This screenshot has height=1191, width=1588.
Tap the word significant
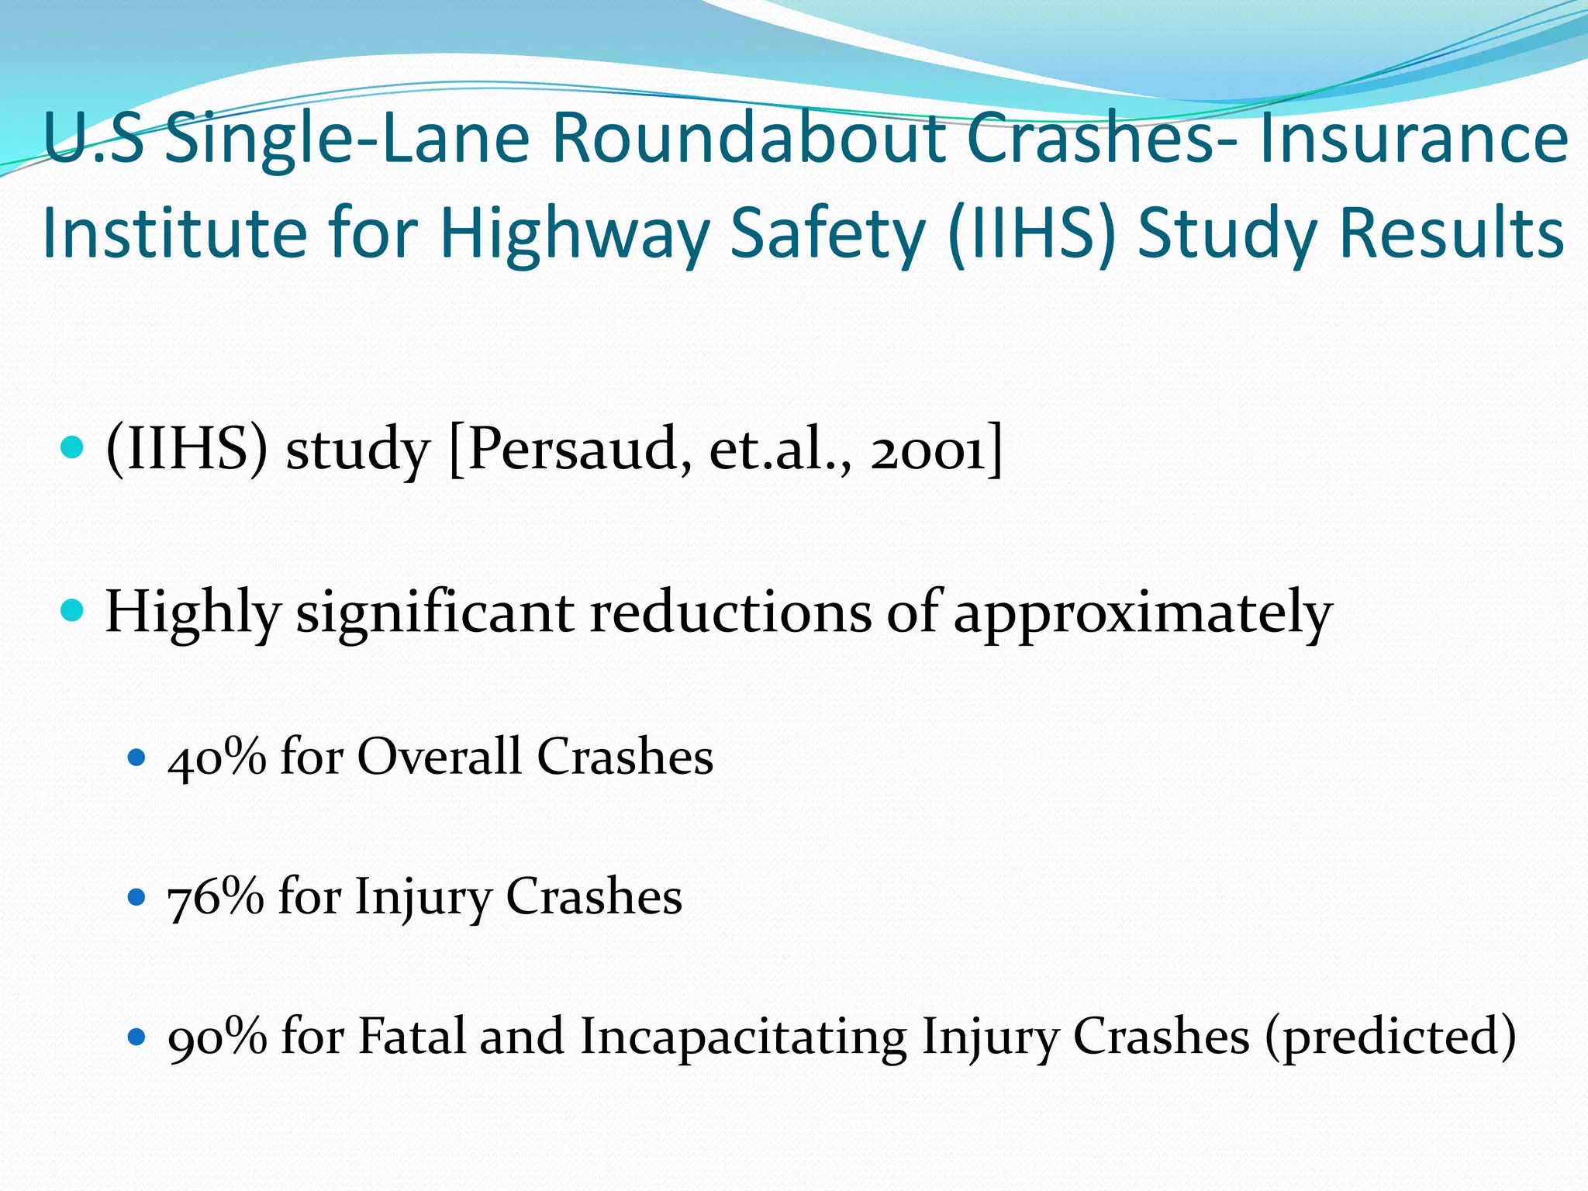coord(435,613)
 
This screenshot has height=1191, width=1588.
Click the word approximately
coord(1142,613)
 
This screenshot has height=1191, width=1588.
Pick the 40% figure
coord(217,756)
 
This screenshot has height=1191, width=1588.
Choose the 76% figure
coord(216,897)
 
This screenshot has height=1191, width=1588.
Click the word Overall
coord(439,756)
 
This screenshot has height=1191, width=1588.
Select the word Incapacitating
coord(743,1037)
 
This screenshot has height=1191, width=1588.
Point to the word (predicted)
coord(1390,1037)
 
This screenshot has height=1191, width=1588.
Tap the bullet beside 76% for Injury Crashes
coord(136,898)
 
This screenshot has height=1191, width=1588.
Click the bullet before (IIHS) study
coord(71,447)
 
